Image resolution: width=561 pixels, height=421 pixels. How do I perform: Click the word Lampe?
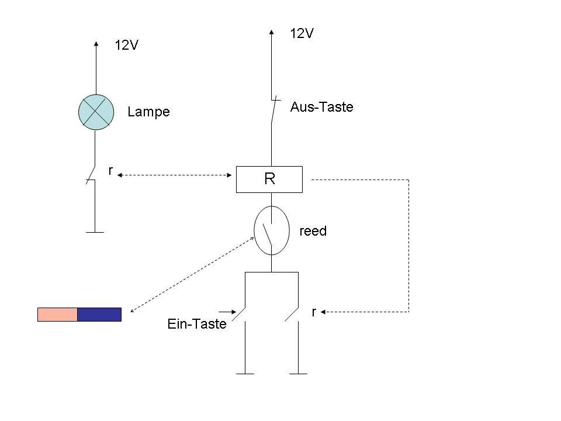[148, 112]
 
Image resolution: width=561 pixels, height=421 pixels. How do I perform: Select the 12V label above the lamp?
[126, 45]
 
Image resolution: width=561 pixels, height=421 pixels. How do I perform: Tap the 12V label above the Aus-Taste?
[302, 33]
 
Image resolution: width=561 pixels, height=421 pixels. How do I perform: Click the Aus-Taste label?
[321, 106]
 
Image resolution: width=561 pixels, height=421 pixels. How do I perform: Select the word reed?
[313, 231]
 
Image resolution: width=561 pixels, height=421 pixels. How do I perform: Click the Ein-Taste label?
[197, 324]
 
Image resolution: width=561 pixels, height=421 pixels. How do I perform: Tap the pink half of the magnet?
[58, 315]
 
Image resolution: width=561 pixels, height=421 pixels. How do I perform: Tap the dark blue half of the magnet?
[99, 315]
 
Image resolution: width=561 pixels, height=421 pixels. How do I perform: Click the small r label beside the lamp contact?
[110, 171]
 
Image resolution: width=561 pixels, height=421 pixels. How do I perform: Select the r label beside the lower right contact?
[314, 312]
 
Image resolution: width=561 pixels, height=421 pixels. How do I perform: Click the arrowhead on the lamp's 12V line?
[96, 44]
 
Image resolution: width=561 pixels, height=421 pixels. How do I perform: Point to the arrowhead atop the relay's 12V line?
[272, 32]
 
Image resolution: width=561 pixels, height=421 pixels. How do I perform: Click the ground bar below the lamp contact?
[95, 232]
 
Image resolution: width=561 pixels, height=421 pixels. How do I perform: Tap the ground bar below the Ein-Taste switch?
[245, 374]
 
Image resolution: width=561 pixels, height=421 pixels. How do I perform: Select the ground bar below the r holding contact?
[299, 374]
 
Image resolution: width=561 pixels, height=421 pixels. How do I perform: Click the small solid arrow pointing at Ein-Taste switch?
[227, 312]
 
